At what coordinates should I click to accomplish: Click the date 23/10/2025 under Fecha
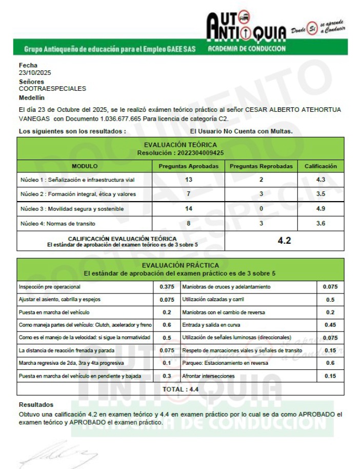tap(31, 73)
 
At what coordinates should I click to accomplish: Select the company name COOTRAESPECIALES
tap(52, 88)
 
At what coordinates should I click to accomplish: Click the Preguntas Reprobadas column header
tap(261, 166)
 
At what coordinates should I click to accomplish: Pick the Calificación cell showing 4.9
tap(321, 209)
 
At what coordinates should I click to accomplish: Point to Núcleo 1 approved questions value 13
tap(188, 180)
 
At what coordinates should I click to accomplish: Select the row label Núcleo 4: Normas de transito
tap(57, 224)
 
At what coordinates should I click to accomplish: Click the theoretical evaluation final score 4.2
tap(284, 240)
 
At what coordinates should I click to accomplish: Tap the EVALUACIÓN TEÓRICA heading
tap(180, 145)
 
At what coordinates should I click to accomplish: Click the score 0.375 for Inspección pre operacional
tap(167, 286)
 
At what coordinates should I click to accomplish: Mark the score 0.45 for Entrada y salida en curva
tap(330, 325)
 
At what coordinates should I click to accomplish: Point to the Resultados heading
tap(36, 405)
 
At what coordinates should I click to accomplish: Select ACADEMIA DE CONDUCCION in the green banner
tap(247, 49)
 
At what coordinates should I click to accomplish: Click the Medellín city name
tap(32, 97)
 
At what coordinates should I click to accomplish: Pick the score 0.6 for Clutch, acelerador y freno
tap(167, 325)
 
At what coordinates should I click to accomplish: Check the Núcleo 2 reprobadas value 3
tap(261, 194)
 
